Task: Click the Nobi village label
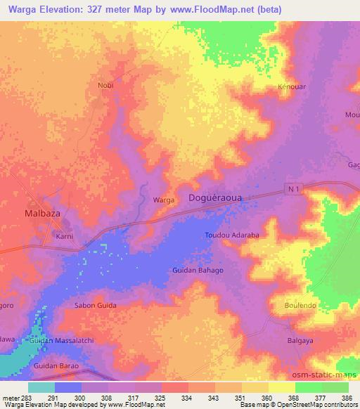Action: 105,85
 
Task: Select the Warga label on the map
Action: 164,200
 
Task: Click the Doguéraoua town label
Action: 215,199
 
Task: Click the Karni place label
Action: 65,237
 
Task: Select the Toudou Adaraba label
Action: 232,235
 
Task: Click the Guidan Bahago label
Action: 198,270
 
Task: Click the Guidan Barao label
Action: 57,367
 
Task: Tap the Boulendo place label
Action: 301,306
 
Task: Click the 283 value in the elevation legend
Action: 21,398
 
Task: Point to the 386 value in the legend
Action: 344,398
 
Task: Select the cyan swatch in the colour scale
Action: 41,387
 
